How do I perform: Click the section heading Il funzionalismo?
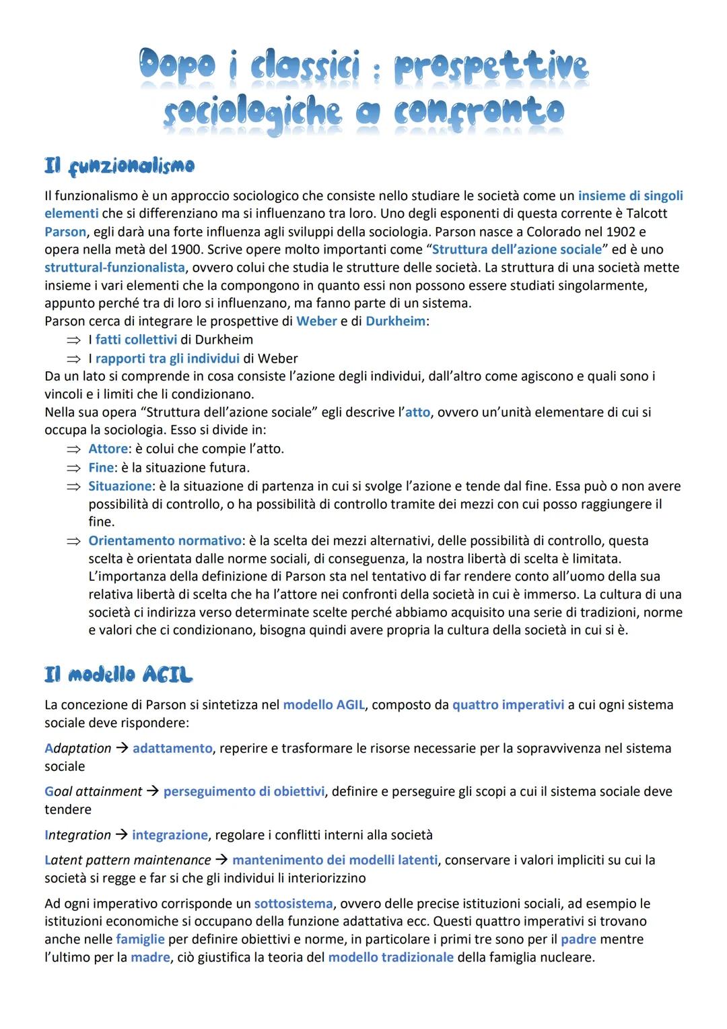[x=119, y=165]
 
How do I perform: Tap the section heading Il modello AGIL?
[x=118, y=675]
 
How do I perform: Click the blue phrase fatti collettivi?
[x=136, y=340]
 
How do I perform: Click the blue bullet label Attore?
[x=108, y=449]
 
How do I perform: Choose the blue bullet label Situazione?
[x=120, y=486]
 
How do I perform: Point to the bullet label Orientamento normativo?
[x=165, y=540]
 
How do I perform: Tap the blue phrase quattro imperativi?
[x=508, y=705]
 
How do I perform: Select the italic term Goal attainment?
[x=94, y=792]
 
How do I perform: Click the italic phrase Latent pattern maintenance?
[x=128, y=861]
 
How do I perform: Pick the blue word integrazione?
[x=170, y=835]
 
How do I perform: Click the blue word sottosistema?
[x=293, y=904]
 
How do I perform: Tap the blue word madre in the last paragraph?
[x=150, y=958]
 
